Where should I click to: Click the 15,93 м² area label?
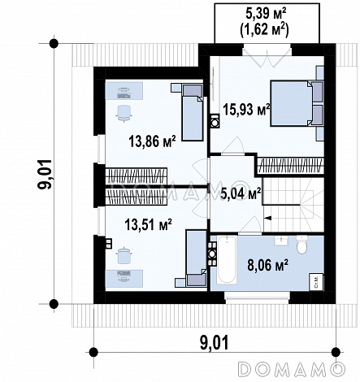(x=246, y=110)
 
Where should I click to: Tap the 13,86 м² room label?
(x=152, y=141)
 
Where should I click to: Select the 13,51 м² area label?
(x=149, y=224)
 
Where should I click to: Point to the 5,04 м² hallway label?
(x=241, y=193)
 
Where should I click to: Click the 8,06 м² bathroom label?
(x=267, y=265)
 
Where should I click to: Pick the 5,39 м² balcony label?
(x=267, y=14)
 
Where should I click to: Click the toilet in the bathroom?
(x=301, y=244)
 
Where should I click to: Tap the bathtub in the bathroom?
(x=227, y=260)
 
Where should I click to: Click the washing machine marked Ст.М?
(x=316, y=282)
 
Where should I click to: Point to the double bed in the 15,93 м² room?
(x=297, y=103)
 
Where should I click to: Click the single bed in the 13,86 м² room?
(x=192, y=112)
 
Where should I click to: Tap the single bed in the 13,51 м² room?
(x=197, y=258)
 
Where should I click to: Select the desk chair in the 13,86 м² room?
(x=124, y=113)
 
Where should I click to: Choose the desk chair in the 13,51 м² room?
(x=124, y=255)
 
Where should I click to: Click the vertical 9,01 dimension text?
(x=46, y=174)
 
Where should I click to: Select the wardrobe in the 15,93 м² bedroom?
(x=291, y=165)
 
